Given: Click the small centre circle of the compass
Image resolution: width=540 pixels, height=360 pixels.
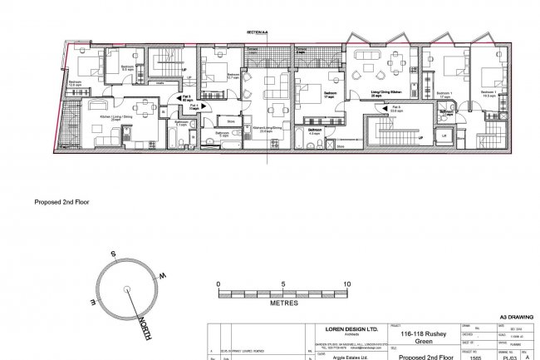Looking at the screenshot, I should coord(126,289).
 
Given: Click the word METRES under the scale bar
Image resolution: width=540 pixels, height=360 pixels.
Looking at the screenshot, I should coord(283,304).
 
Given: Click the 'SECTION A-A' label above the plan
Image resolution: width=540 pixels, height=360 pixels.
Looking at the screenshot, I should coord(258,32).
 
